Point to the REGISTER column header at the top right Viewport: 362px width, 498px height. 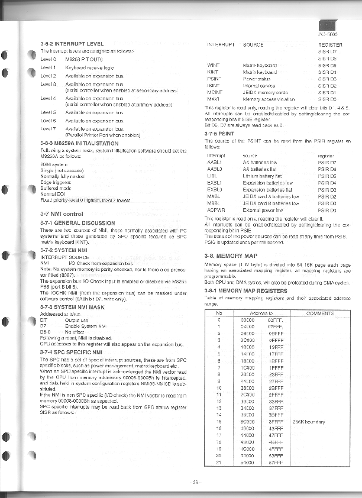point(330,44)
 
